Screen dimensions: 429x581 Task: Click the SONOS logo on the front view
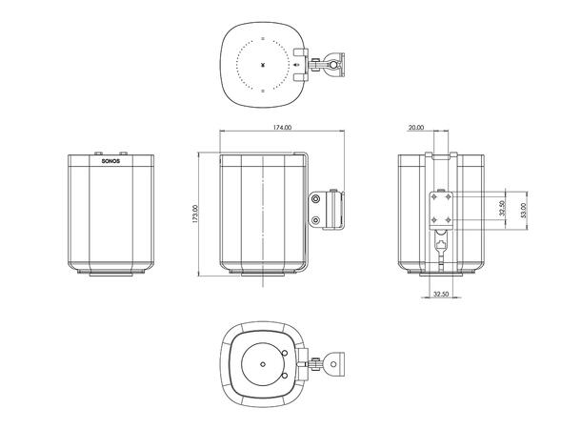coord(112,162)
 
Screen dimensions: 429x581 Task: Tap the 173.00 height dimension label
coord(195,214)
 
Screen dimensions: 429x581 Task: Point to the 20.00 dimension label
coord(417,128)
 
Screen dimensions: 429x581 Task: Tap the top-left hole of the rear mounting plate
coord(432,196)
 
